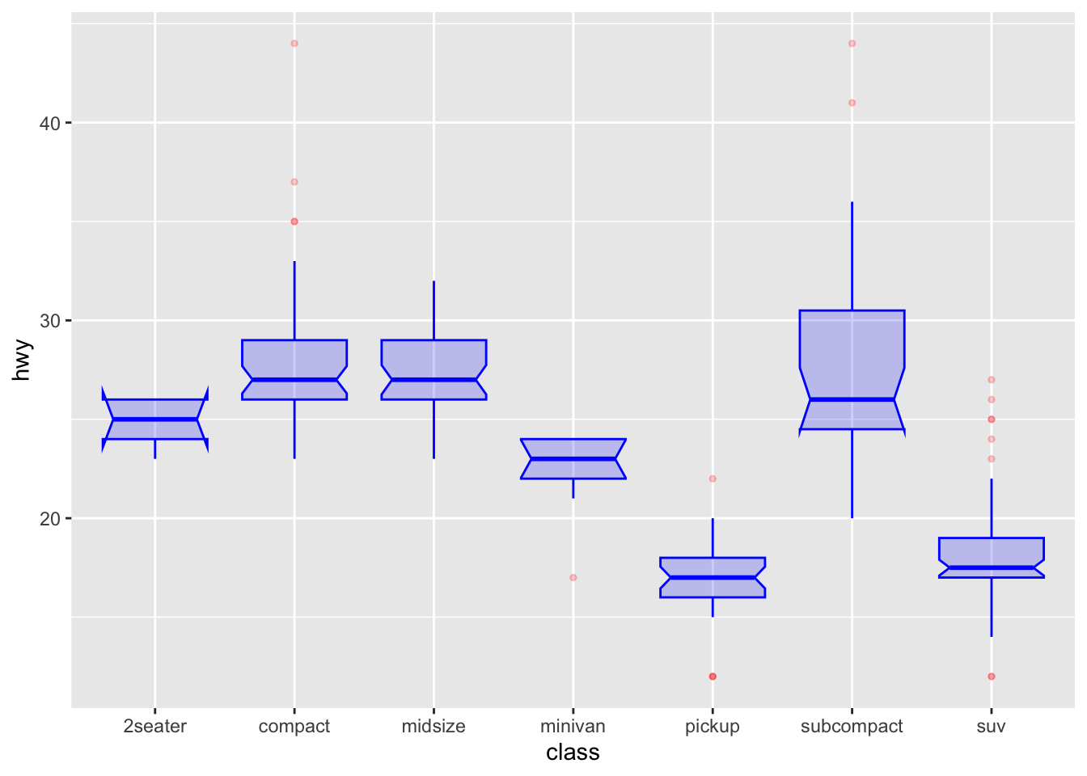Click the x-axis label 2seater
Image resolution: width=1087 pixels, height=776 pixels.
click(154, 726)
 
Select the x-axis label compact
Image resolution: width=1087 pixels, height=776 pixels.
click(294, 726)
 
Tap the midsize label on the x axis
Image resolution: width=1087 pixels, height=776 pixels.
click(434, 726)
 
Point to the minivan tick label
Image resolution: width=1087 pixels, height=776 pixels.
click(573, 726)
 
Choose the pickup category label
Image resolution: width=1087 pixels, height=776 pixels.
click(712, 726)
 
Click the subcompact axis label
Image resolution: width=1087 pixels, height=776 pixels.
click(852, 726)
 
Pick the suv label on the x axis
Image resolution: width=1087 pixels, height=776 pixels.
click(991, 726)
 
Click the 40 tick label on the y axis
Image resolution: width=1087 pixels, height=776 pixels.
click(50, 123)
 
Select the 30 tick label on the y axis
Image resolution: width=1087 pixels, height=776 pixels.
click(50, 321)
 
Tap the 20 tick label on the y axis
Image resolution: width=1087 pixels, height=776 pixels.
click(50, 518)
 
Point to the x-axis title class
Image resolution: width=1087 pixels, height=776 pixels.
click(573, 753)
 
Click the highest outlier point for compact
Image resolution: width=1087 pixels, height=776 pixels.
click(294, 44)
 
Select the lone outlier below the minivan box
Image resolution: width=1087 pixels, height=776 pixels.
click(573, 577)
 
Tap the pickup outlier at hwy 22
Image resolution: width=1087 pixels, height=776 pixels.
click(713, 479)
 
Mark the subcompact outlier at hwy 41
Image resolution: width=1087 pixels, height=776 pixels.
click(852, 103)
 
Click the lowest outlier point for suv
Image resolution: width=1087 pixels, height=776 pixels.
click(991, 676)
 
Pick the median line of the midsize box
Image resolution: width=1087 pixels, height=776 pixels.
click(434, 380)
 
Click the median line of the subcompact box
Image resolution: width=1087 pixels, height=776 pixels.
click(852, 399)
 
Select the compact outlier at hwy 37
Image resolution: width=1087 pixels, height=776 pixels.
click(294, 182)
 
